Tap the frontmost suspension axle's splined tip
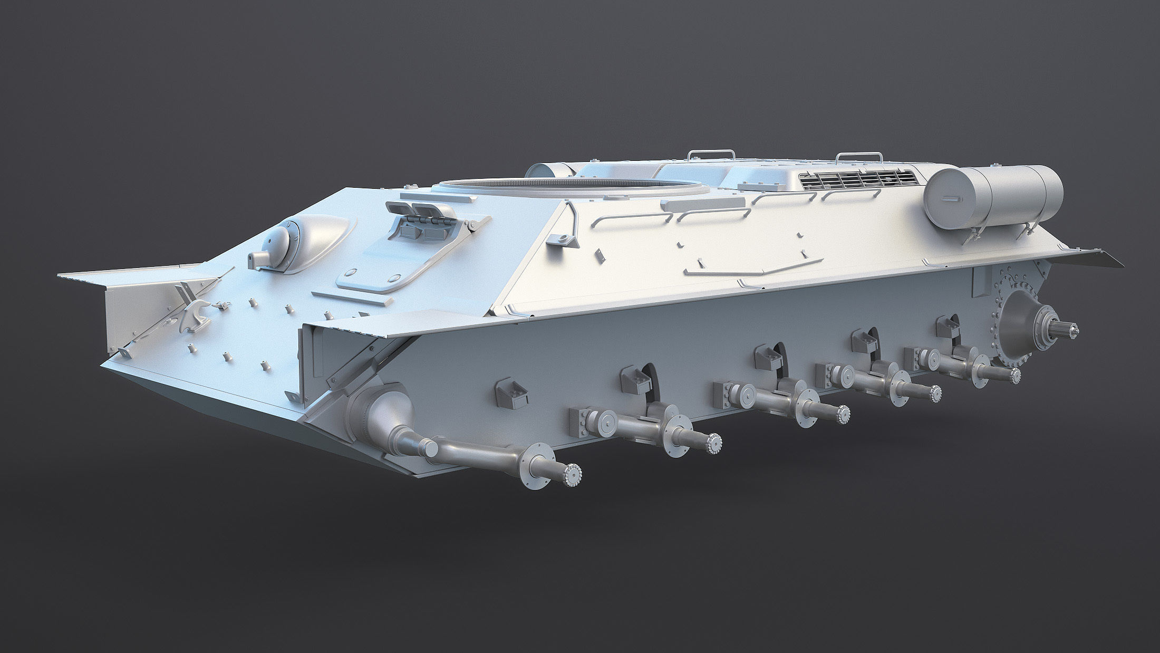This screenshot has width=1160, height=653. (x=572, y=474)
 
